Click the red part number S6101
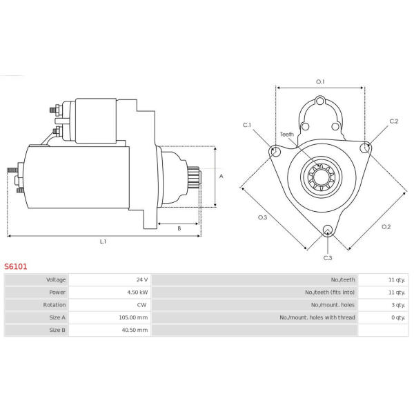pyautogui.click(x=16, y=266)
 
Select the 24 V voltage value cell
pyautogui.click(x=142, y=279)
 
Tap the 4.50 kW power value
pyautogui.click(x=137, y=293)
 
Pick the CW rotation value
pyautogui.click(x=141, y=305)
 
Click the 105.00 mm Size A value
pyautogui.click(x=133, y=317)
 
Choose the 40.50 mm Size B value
pyautogui.click(x=135, y=330)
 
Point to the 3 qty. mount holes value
pyautogui.click(x=398, y=305)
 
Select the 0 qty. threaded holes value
pyautogui.click(x=398, y=317)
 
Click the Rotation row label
pyautogui.click(x=55, y=305)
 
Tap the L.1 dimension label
pyautogui.click(x=103, y=241)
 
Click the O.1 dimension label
pyautogui.click(x=320, y=82)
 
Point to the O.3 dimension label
pyautogui.click(x=262, y=217)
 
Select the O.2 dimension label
pyautogui.click(x=386, y=226)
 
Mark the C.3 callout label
pyautogui.click(x=328, y=257)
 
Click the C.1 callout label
pyautogui.click(x=247, y=125)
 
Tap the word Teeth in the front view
pyautogui.click(x=287, y=135)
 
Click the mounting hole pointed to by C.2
pyautogui.click(x=366, y=148)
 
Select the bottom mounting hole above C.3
pyautogui.click(x=328, y=230)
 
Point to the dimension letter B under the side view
pyautogui.click(x=179, y=228)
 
